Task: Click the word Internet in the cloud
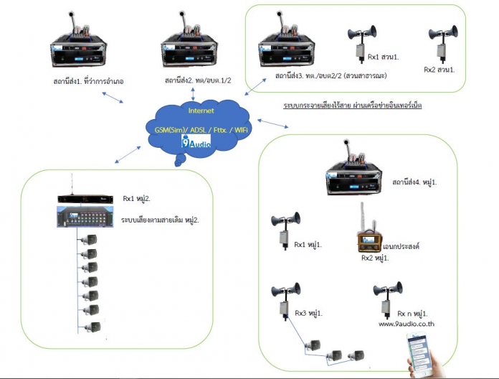pos(201,111)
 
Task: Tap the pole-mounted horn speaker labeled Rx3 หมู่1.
pos(285,297)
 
